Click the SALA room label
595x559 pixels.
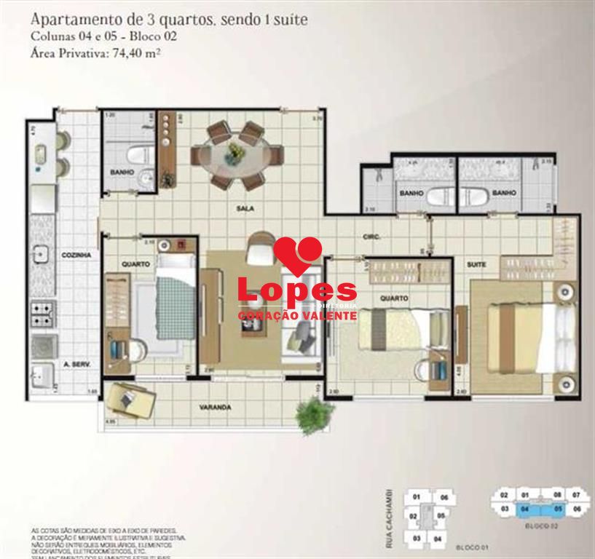pos(244,208)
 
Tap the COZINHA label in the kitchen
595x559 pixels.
pos(76,255)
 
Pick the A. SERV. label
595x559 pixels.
pos(76,363)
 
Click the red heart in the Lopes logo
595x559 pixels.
pos(297,255)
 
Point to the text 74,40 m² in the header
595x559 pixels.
pos(136,52)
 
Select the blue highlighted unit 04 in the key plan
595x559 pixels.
pos(524,510)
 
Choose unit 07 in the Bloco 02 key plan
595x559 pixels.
pos(577,496)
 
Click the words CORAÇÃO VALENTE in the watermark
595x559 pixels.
pos(297,316)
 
